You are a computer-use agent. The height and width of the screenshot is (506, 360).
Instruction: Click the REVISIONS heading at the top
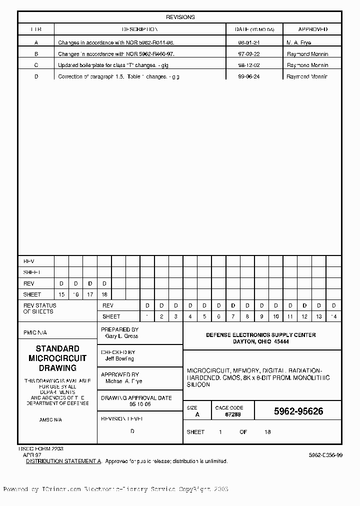click(x=180, y=17)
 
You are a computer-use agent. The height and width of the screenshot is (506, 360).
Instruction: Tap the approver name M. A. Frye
click(x=299, y=42)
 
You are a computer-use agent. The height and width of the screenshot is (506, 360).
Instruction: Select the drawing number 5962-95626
click(x=298, y=411)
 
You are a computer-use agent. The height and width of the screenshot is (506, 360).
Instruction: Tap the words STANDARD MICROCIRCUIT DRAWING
click(x=57, y=358)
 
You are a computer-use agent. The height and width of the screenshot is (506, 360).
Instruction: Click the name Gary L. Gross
click(x=121, y=336)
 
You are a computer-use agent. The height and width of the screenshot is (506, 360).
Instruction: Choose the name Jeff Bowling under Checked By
click(x=119, y=358)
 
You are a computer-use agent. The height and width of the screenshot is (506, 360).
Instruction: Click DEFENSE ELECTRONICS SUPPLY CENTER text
click(x=261, y=335)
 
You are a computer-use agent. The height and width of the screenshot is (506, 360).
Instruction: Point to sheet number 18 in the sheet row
click(x=104, y=294)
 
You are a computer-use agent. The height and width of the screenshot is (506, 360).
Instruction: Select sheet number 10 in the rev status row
click(x=276, y=316)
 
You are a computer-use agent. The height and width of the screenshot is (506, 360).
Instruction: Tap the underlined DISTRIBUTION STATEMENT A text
click(x=63, y=461)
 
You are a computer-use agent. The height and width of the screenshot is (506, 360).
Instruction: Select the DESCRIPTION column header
click(x=140, y=29)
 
